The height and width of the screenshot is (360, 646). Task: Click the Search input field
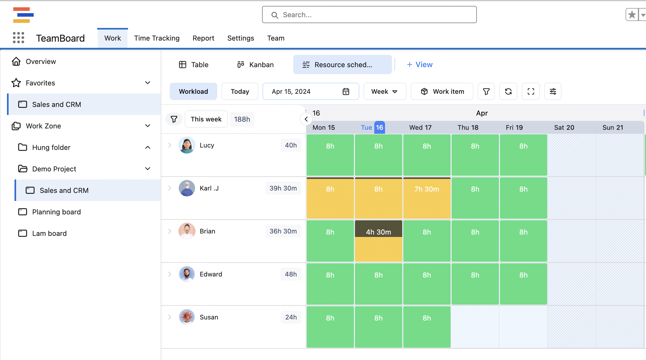click(369, 15)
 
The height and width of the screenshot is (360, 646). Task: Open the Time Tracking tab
click(157, 38)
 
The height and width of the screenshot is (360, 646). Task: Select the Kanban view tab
click(255, 65)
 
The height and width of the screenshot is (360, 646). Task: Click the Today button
click(240, 92)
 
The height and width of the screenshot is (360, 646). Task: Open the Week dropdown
click(384, 92)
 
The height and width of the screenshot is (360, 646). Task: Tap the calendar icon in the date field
click(346, 92)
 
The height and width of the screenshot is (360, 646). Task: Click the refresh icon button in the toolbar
click(508, 92)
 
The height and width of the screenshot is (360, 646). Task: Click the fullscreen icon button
click(531, 92)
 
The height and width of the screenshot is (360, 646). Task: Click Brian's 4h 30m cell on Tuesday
click(378, 232)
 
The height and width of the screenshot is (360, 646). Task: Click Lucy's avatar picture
click(187, 145)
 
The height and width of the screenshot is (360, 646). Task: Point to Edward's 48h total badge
click(291, 274)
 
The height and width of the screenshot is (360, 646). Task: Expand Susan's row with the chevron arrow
click(170, 317)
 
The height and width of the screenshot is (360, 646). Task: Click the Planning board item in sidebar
click(56, 212)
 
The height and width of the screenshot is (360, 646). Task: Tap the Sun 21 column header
click(612, 128)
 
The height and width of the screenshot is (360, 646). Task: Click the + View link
click(420, 65)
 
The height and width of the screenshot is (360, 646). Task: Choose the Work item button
click(442, 92)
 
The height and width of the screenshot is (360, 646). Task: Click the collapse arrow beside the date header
click(306, 119)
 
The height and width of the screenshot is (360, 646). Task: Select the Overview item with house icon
click(41, 62)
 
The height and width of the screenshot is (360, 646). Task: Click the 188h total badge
click(242, 119)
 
